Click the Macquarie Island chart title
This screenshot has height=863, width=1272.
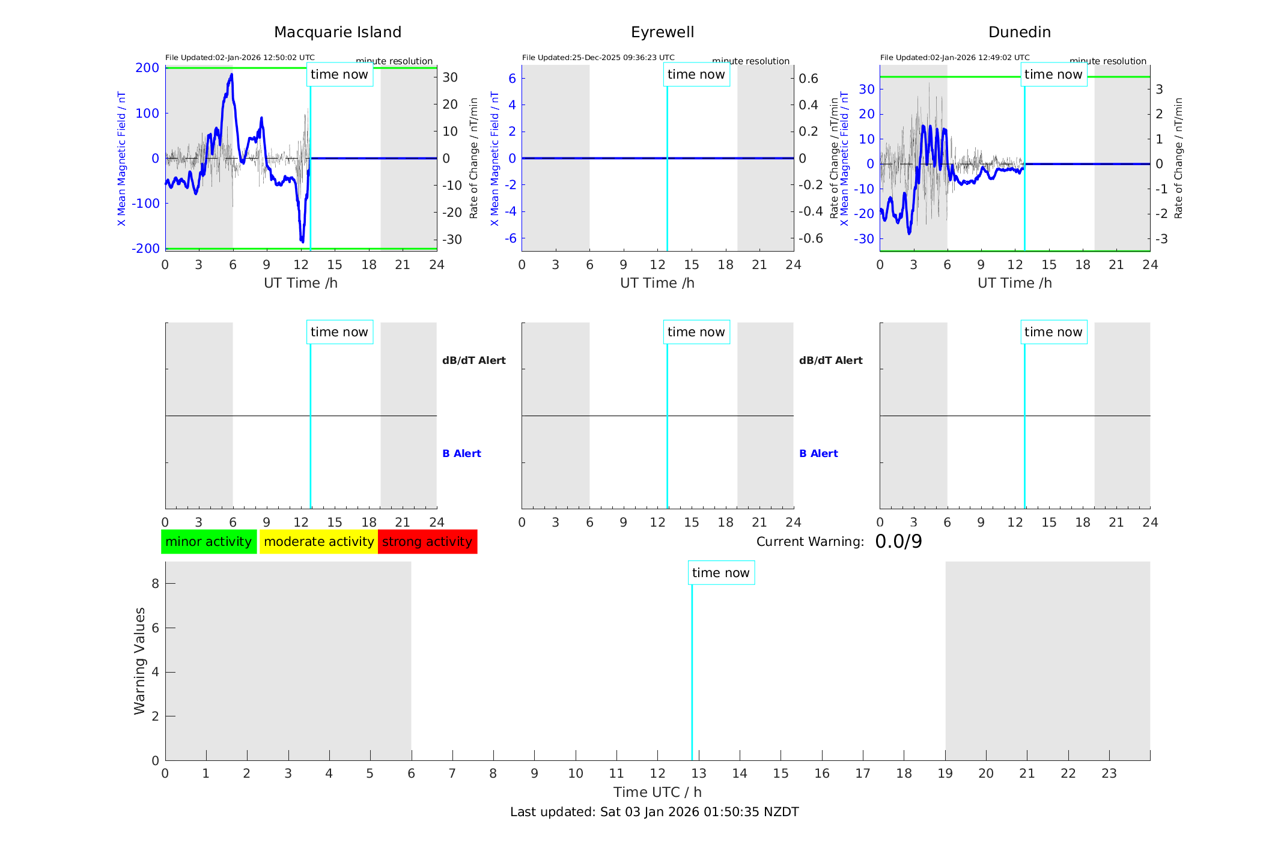click(x=337, y=32)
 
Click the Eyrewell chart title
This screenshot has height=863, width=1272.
click(x=662, y=32)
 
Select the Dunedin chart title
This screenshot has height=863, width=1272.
click(x=1019, y=32)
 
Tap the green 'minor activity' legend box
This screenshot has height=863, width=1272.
click(x=208, y=542)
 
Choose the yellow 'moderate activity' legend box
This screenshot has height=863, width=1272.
click(x=318, y=542)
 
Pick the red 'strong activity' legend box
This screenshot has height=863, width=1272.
click(x=427, y=542)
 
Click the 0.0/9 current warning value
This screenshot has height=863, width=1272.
click(x=898, y=542)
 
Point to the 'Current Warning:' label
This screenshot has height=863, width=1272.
click(x=810, y=542)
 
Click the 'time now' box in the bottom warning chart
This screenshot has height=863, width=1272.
click(x=721, y=573)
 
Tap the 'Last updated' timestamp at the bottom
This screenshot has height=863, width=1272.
click(x=654, y=812)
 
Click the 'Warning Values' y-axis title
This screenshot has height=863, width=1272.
click(x=140, y=661)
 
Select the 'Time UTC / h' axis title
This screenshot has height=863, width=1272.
click(x=657, y=792)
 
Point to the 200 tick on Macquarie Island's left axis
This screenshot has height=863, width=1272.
click(x=147, y=68)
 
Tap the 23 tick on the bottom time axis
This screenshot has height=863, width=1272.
click(x=1109, y=774)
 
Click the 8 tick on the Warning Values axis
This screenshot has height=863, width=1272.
click(x=155, y=583)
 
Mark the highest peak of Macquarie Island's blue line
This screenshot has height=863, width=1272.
click(x=231, y=74)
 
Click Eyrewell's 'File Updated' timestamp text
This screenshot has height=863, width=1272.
click(x=598, y=58)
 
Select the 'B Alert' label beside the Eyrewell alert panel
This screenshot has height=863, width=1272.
click(x=818, y=453)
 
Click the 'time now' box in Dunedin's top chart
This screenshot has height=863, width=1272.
click(x=1053, y=74)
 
